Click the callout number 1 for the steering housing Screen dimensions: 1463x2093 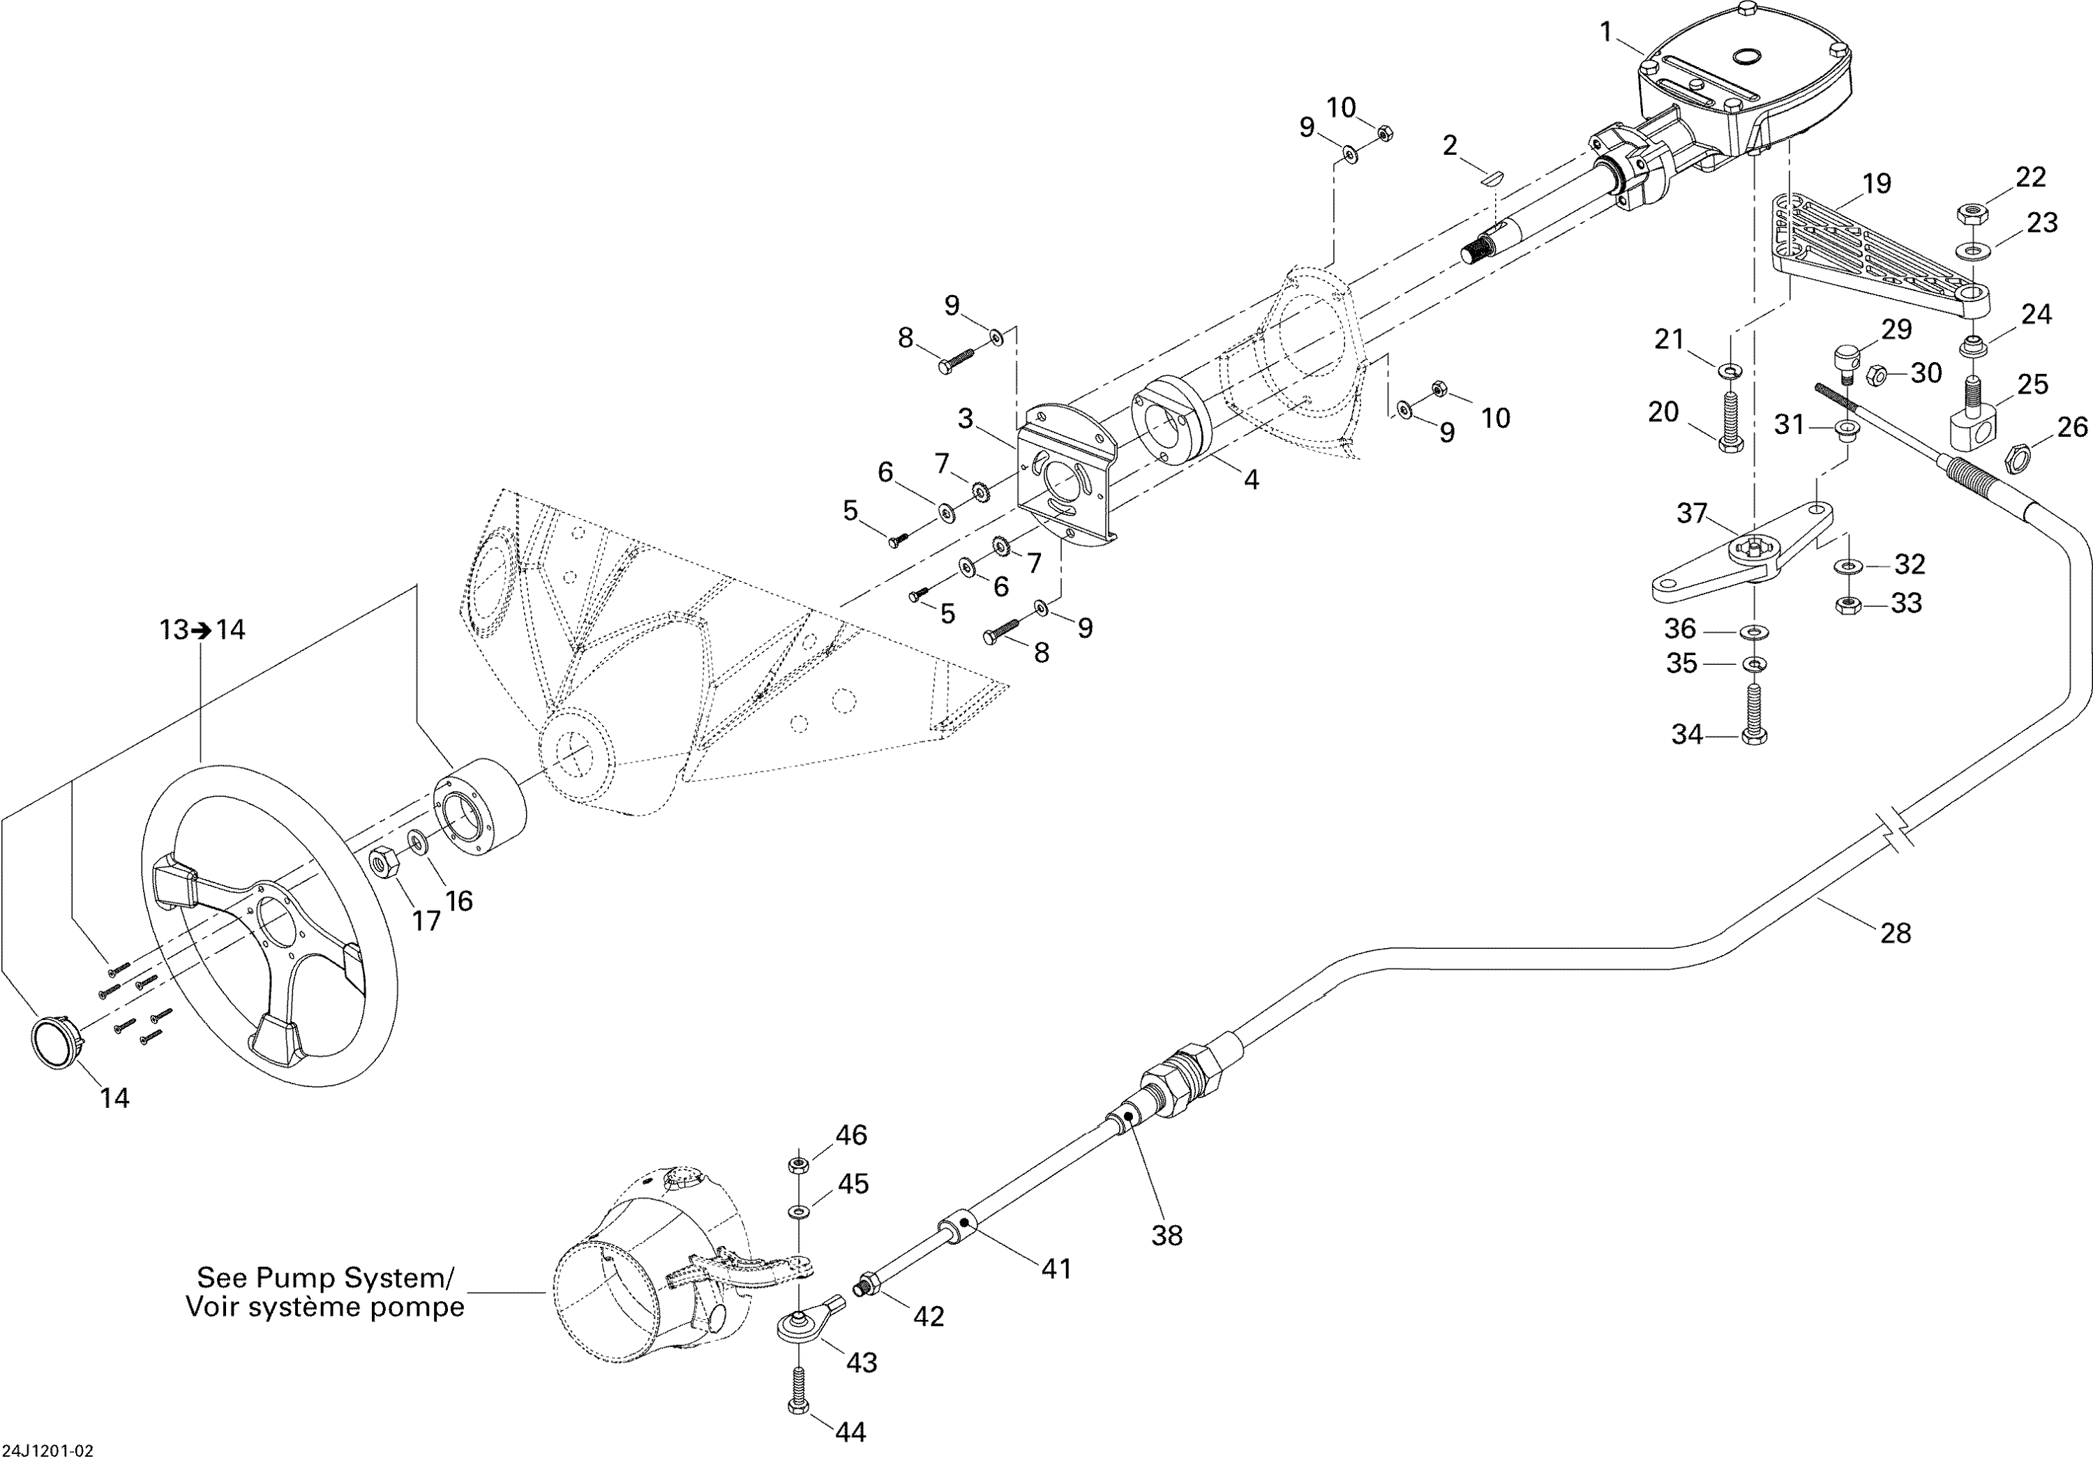point(1605,33)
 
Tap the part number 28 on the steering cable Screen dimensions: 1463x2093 point(1895,933)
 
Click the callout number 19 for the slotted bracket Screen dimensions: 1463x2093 point(1877,183)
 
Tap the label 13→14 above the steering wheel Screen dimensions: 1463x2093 point(203,629)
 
